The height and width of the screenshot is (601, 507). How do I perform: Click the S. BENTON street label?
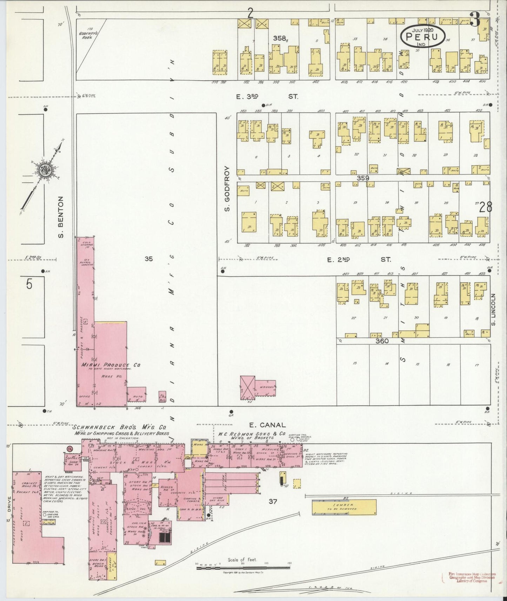click(x=61, y=216)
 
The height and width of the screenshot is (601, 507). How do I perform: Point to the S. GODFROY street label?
click(x=227, y=188)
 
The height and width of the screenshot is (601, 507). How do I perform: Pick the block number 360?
click(x=381, y=340)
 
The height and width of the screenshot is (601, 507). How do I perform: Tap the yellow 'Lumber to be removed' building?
click(x=344, y=507)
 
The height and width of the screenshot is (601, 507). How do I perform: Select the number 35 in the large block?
click(x=149, y=259)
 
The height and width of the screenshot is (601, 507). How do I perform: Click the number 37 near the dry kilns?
click(x=273, y=501)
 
